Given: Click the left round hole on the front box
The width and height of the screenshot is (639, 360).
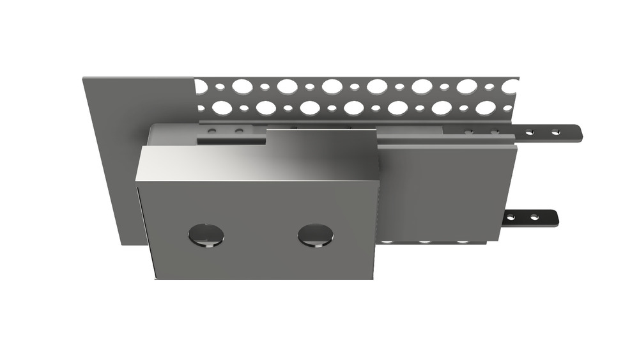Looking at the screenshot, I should click(206, 235).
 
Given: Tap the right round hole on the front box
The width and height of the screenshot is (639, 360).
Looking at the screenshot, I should click(315, 235).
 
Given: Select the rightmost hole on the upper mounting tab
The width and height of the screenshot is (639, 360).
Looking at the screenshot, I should click(556, 132).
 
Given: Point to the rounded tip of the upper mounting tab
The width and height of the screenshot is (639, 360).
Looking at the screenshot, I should click(578, 133).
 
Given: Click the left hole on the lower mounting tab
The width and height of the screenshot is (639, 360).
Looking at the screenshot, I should click(512, 218).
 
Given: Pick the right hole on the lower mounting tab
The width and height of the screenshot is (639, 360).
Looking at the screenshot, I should click(534, 217).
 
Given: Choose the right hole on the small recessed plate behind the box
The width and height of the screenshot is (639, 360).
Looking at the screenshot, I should click(239, 131).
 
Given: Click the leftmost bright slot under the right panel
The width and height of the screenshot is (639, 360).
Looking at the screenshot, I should click(388, 242).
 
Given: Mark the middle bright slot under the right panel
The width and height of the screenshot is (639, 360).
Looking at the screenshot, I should click(425, 242).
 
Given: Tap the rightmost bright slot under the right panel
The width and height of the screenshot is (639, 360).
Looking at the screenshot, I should click(461, 242).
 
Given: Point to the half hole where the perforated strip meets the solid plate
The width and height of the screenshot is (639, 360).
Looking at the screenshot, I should click(200, 86).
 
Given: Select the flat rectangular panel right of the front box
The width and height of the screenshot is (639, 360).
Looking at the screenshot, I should click(447, 192).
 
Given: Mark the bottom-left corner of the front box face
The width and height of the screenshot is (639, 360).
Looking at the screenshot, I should click(156, 278).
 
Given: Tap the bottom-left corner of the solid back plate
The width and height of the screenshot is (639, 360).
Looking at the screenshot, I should click(119, 244).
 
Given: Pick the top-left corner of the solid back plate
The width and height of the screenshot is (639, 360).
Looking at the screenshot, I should click(84, 79).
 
